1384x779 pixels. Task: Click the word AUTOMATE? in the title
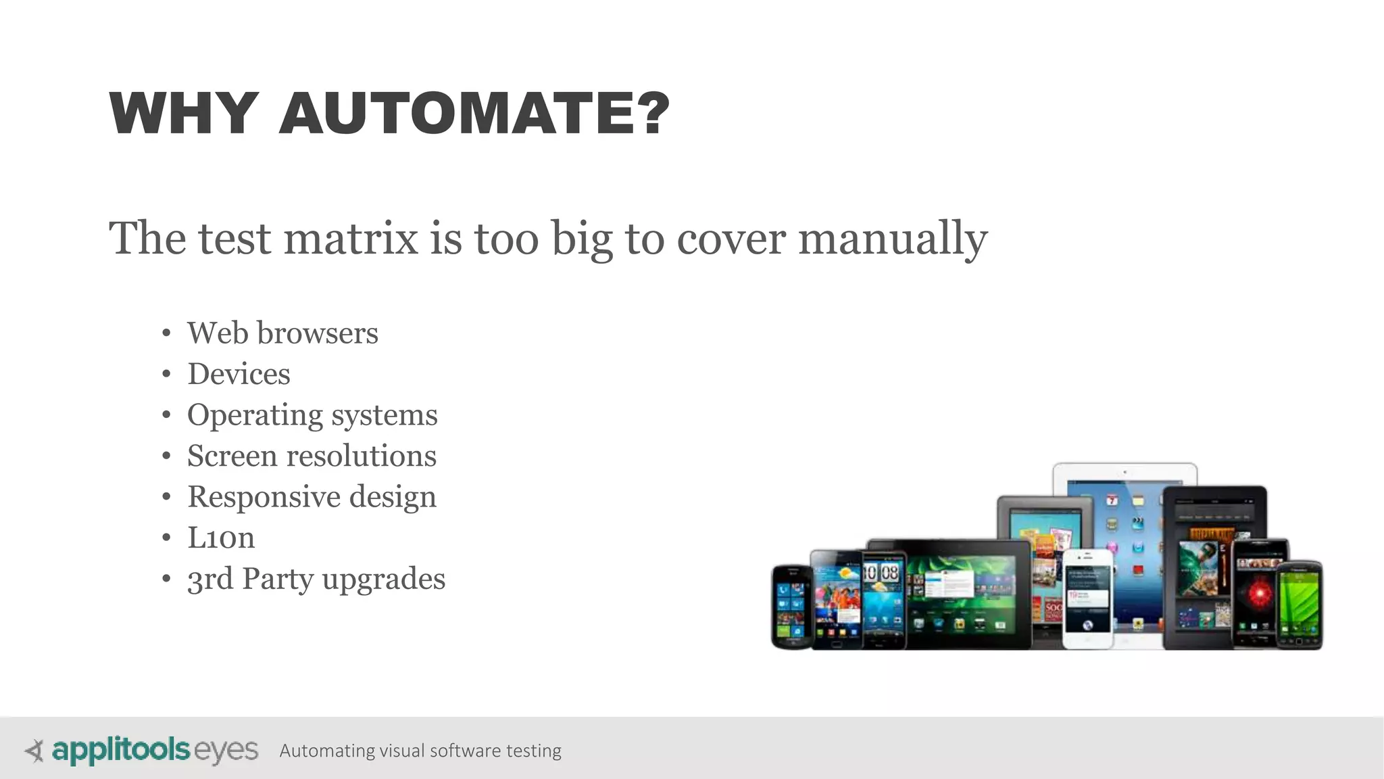click(474, 114)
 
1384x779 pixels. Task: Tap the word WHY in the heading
click(183, 114)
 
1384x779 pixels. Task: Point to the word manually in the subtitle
click(893, 239)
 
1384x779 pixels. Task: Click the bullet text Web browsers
click(282, 333)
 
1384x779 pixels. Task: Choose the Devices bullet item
click(239, 374)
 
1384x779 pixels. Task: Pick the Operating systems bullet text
click(312, 415)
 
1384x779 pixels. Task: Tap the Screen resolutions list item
click(312, 456)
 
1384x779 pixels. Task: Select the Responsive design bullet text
click(312, 497)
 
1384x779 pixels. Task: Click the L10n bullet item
click(221, 538)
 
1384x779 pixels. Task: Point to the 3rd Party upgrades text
click(316, 580)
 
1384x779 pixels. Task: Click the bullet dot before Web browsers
click(166, 333)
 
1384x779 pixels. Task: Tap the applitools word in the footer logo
click(120, 751)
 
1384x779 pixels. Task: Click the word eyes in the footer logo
click(226, 751)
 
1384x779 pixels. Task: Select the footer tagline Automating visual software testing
click(420, 751)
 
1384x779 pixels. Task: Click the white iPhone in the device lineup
click(1087, 598)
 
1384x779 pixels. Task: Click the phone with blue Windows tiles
click(791, 607)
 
